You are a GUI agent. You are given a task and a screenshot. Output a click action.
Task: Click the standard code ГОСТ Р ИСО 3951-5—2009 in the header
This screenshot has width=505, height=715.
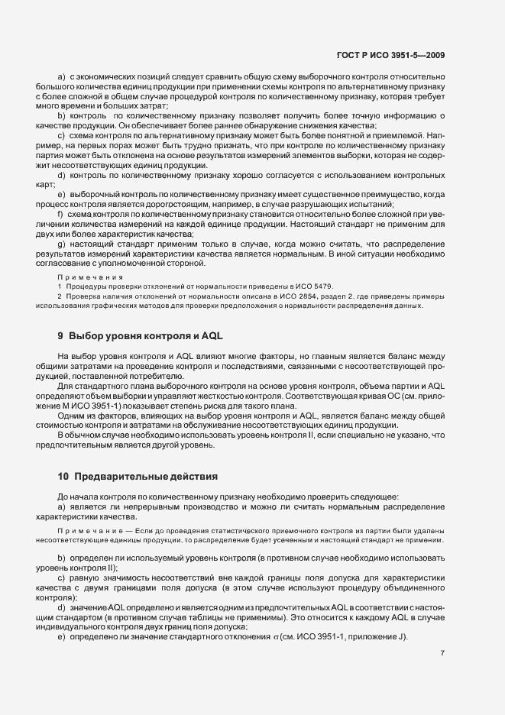tap(390, 55)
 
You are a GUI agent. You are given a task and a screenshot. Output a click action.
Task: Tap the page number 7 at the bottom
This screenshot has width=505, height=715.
tap(443, 653)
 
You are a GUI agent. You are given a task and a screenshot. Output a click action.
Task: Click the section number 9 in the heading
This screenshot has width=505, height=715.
tap(60, 336)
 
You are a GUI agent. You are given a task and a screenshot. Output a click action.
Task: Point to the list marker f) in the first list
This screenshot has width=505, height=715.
tap(61, 215)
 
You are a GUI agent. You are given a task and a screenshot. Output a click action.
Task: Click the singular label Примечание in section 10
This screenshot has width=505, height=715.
tap(84, 529)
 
